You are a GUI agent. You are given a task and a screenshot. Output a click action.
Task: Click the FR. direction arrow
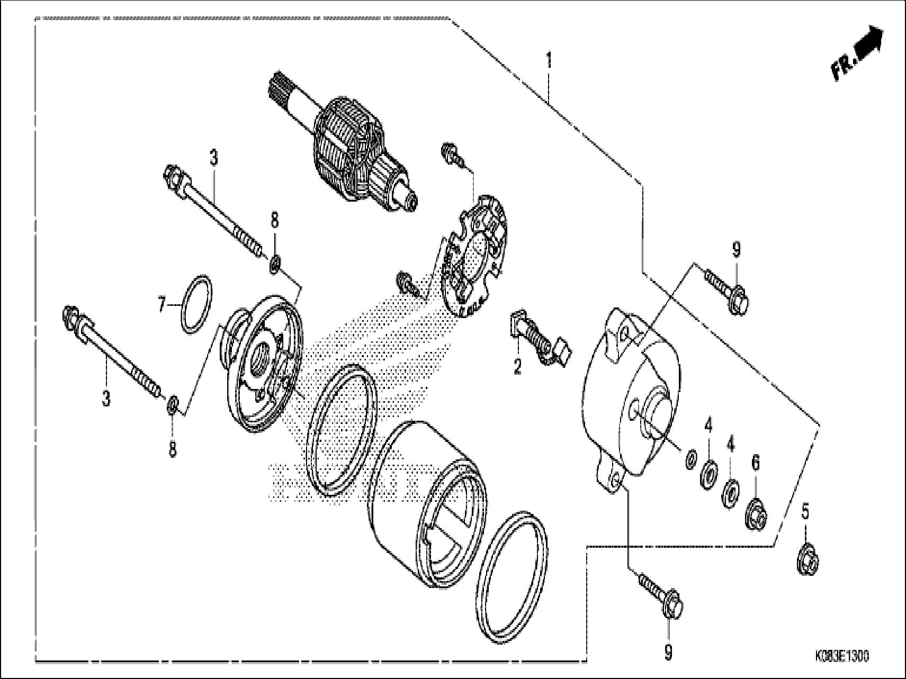pyautogui.click(x=856, y=55)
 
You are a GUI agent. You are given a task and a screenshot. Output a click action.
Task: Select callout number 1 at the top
pyautogui.click(x=549, y=60)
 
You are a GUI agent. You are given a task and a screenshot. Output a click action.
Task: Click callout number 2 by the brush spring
pyautogui.click(x=517, y=365)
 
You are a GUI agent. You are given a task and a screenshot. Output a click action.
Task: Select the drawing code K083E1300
pyautogui.click(x=842, y=656)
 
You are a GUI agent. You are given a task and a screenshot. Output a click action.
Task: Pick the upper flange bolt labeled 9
pyautogui.click(x=725, y=288)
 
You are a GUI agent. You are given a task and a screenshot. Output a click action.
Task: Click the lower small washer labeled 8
pyautogui.click(x=172, y=405)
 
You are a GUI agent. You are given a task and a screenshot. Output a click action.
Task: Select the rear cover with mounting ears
pyautogui.click(x=630, y=392)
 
